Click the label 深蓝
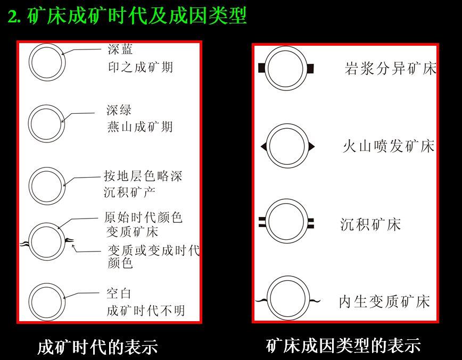[x=120, y=50]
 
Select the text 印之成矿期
[x=140, y=68]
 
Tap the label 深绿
[x=119, y=111]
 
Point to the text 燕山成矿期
[x=139, y=127]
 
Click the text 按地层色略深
[x=143, y=176]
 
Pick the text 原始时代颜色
[x=143, y=217]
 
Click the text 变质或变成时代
[x=153, y=250]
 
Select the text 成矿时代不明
[x=145, y=311]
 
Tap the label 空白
[x=119, y=294]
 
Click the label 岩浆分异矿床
[x=390, y=69]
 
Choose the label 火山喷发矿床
[x=389, y=146]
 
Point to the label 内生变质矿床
[x=384, y=302]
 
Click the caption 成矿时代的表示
[x=97, y=347]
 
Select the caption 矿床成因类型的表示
[x=343, y=346]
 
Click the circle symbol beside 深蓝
[x=47, y=62]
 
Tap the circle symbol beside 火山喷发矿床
[x=287, y=146]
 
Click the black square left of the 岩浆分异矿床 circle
[x=261, y=68]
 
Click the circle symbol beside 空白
[x=46, y=302]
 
